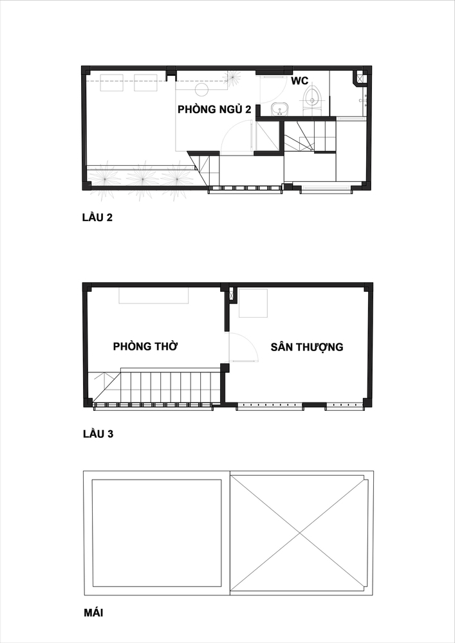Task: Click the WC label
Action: [299, 81]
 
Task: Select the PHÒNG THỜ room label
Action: [145, 347]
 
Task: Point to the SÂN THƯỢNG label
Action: [307, 347]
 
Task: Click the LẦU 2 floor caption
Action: [97, 217]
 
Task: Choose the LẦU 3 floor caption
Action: [98, 434]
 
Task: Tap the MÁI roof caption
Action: [93, 613]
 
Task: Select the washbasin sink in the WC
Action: [280, 109]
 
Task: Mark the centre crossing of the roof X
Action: [300, 533]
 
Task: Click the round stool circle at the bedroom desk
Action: [203, 89]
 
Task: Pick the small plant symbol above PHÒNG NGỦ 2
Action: [232, 77]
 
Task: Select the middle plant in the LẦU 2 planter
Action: [143, 179]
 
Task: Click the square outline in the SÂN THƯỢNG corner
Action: [253, 303]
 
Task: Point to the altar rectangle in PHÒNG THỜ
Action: [154, 295]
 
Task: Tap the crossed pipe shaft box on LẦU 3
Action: [231, 294]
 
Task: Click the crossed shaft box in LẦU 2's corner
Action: [360, 78]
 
